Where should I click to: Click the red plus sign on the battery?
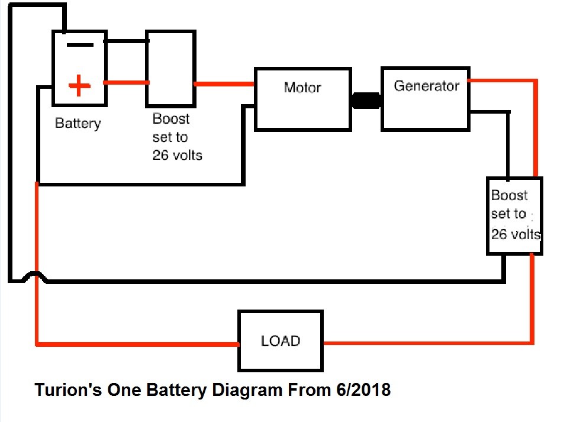(79, 86)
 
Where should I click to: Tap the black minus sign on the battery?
(80, 45)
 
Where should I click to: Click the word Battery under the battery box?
(78, 124)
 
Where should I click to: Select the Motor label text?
(302, 88)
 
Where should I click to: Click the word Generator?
(427, 86)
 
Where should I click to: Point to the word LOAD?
(281, 341)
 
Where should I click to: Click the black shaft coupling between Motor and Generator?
(366, 101)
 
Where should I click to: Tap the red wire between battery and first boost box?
(127, 82)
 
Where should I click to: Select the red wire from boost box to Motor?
(224, 84)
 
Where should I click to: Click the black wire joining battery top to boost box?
(127, 41)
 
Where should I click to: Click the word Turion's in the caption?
(68, 390)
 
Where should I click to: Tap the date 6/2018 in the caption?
(363, 390)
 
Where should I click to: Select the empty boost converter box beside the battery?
(170, 69)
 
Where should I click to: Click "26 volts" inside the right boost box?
(516, 234)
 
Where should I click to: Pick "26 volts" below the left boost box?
(178, 155)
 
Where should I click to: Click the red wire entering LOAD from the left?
(137, 344)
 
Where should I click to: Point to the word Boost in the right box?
(510, 195)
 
